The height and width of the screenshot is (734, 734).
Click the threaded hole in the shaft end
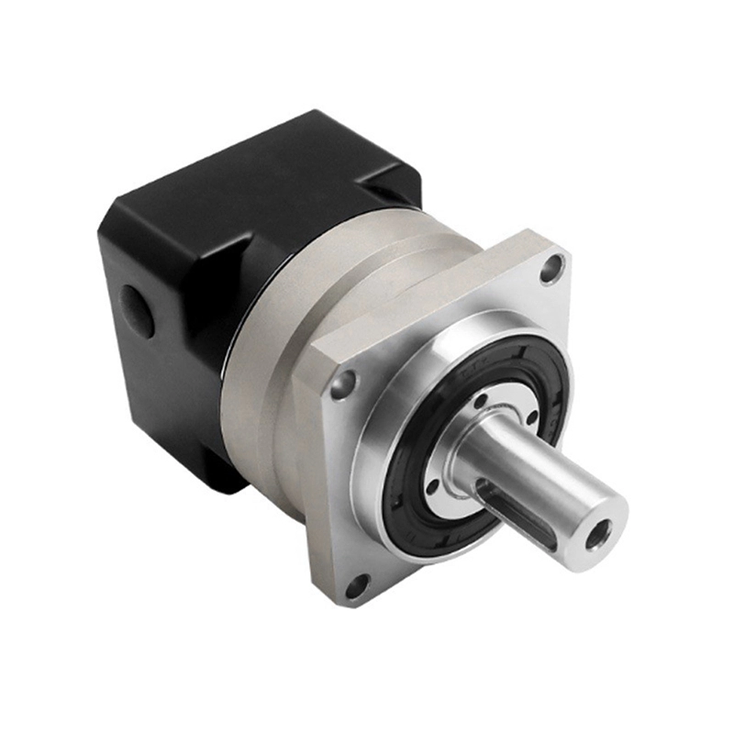click(601, 530)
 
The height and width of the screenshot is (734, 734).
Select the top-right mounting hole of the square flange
click(550, 269)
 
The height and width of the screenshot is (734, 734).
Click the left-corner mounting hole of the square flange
click(343, 384)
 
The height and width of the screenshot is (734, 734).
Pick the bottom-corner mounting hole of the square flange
click(358, 584)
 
